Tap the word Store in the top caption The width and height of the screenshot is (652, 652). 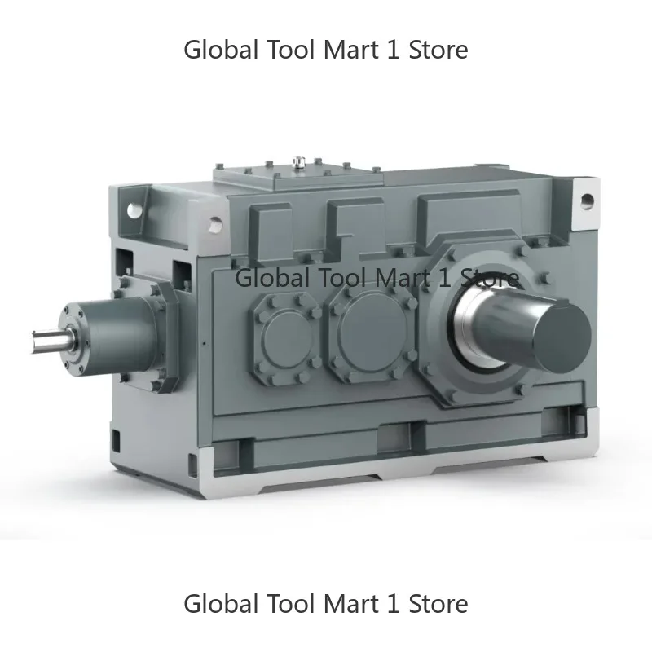tap(438, 50)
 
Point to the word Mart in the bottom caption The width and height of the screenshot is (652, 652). tap(350, 604)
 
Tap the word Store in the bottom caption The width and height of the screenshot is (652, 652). tap(438, 604)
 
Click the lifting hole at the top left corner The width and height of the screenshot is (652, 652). tap(214, 220)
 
